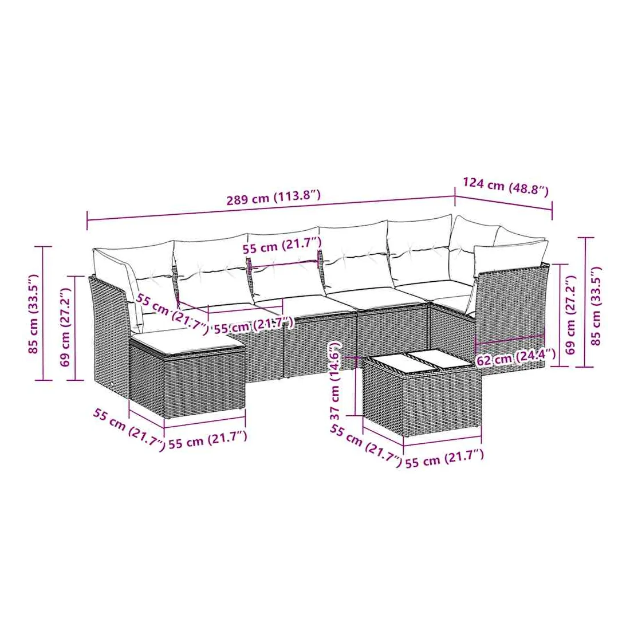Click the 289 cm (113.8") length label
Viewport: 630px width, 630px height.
click(x=274, y=197)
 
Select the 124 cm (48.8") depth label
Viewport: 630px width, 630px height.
click(x=506, y=187)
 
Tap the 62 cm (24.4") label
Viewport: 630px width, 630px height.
click(x=516, y=357)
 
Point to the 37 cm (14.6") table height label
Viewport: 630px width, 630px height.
click(x=336, y=381)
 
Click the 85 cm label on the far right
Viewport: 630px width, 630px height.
click(x=596, y=305)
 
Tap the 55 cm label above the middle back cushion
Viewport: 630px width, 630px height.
click(x=282, y=245)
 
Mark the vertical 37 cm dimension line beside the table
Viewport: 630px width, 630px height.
click(x=356, y=385)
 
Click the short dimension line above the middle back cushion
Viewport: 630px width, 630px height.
click(x=285, y=263)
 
